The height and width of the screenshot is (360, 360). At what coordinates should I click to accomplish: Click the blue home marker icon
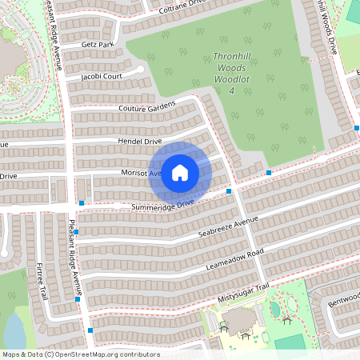pyautogui.click(x=180, y=172)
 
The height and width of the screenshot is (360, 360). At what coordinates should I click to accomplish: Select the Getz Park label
pyautogui.click(x=98, y=45)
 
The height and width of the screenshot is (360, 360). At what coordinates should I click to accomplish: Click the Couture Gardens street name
pyautogui.click(x=146, y=108)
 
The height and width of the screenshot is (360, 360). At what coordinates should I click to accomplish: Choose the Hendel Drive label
pyautogui.click(x=140, y=140)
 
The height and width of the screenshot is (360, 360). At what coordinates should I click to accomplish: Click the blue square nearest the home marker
pyautogui.click(x=229, y=191)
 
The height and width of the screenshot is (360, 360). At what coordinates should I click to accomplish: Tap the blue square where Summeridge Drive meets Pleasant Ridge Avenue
pyautogui.click(x=82, y=203)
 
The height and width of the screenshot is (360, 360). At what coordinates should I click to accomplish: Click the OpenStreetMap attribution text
pyautogui.click(x=81, y=354)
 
